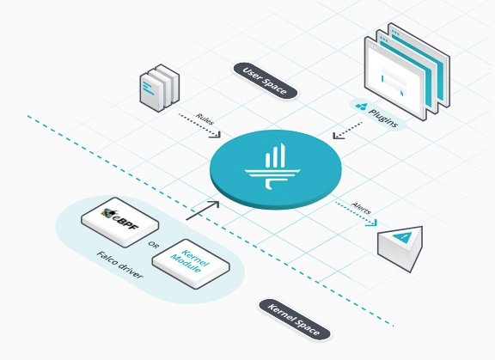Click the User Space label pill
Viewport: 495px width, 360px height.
[266, 81]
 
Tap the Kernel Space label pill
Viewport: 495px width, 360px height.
[295, 320]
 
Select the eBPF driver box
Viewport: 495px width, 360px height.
[120, 222]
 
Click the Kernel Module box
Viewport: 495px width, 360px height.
[191, 264]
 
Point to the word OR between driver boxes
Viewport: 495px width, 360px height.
[153, 245]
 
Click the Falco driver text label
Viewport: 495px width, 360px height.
[119, 265]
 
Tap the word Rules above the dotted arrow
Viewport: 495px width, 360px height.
[205, 119]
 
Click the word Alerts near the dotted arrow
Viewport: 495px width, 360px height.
[362, 209]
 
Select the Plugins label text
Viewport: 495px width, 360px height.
[383, 119]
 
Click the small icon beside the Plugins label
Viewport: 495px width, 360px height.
[362, 107]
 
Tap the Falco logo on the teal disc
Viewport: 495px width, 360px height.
[272, 167]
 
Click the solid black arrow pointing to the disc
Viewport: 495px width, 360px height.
[202, 211]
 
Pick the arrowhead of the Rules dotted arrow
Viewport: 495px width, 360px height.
[217, 134]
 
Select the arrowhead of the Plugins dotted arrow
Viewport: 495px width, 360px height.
[338, 136]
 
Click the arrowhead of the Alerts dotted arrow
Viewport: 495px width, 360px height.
[372, 223]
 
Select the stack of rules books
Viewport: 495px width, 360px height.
[160, 88]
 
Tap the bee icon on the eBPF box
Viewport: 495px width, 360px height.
[107, 213]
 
